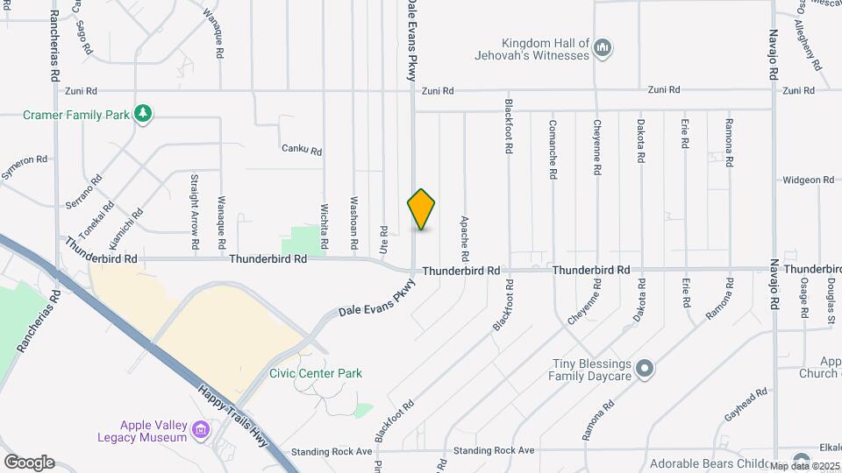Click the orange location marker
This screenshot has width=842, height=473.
pyautogui.click(x=422, y=209)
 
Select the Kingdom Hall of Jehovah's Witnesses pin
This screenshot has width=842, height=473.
pyautogui.click(x=603, y=48)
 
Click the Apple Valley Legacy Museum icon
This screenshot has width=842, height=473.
pyautogui.click(x=201, y=430)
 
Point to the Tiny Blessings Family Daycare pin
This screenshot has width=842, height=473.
pyautogui.click(x=645, y=369)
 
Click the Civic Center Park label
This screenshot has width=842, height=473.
pyautogui.click(x=315, y=373)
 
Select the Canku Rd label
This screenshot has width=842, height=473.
pyautogui.click(x=302, y=150)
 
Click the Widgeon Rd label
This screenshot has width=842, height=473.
pyautogui.click(x=809, y=180)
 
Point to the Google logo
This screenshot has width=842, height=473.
pyautogui.click(x=29, y=462)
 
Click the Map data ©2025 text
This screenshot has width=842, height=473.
pyautogui.click(x=805, y=466)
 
